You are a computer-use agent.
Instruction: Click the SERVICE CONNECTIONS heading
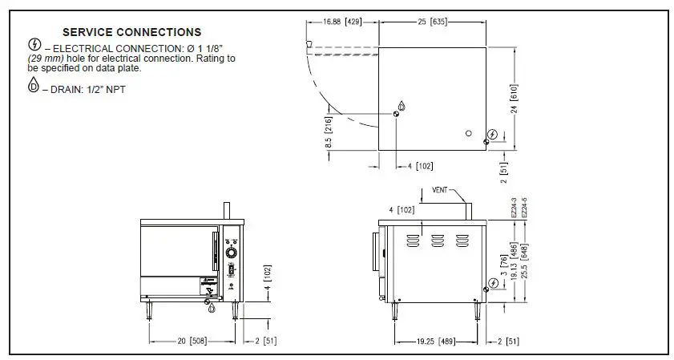[131, 33]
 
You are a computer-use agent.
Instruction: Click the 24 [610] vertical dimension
[514, 99]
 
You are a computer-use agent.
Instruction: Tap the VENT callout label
[440, 191]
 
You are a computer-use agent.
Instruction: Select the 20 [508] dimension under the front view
[192, 341]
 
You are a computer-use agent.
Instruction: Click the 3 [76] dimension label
[503, 265]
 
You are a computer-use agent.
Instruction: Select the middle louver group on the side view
[436, 239]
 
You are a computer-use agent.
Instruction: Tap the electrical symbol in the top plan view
[493, 134]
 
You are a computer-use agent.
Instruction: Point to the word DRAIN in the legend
[63, 89]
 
